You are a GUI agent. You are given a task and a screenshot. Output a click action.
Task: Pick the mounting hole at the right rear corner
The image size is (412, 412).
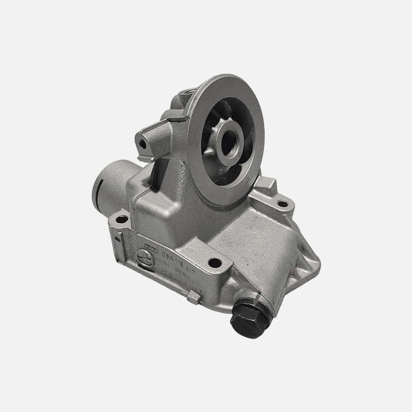[x=282, y=204]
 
